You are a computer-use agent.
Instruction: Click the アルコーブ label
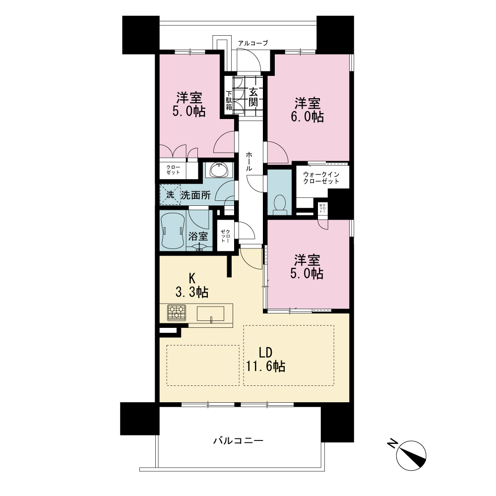253,43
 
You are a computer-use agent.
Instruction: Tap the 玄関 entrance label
253,97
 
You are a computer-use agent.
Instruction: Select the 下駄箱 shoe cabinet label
229,101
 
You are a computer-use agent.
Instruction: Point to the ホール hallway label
249,161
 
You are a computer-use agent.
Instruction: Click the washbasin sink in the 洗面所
219,170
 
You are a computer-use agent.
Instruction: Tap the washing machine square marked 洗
170,194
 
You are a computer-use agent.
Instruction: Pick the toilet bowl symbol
279,203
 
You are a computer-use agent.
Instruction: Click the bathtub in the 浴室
173,231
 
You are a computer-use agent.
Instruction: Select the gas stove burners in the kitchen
177,312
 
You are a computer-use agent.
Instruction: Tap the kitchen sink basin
210,314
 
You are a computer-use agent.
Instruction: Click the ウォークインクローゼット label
321,178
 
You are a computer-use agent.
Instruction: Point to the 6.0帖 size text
307,117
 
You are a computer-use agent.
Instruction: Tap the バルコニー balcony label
238,440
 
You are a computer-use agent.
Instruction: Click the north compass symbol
411,455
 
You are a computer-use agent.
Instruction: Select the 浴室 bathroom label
198,236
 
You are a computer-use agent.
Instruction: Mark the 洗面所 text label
196,195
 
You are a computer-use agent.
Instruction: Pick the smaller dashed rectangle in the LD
203,366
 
